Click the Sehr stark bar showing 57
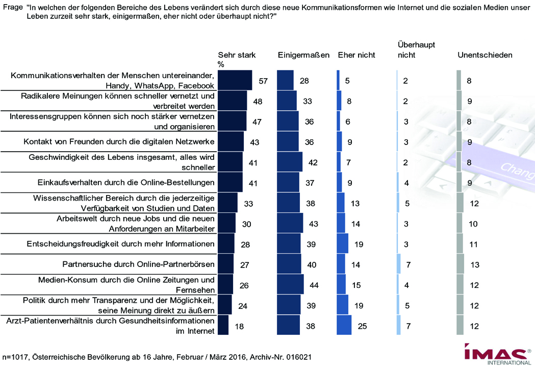235,81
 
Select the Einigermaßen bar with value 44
290,285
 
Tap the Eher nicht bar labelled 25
344,326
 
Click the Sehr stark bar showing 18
223,326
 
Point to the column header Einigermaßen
303,55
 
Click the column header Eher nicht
356,55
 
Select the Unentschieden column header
485,55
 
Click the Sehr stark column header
237,55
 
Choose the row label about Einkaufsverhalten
126,182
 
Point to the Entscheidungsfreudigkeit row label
120,243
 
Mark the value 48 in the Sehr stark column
258,102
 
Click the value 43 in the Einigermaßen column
313,224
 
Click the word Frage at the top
13,7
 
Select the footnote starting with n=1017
157,356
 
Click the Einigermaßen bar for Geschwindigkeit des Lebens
289,162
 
